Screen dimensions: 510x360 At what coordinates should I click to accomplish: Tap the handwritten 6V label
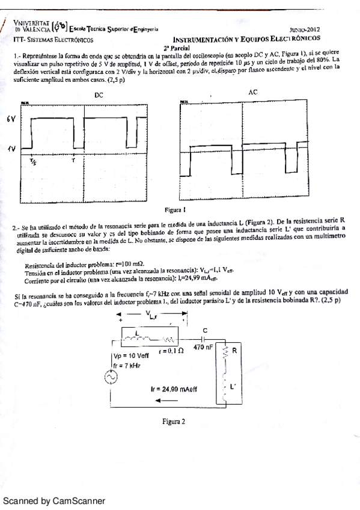point(10,120)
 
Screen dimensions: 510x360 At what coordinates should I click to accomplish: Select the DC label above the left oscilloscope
point(99,95)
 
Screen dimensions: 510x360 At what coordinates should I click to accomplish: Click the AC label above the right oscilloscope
point(252,91)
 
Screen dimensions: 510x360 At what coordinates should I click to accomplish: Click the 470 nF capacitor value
point(204,347)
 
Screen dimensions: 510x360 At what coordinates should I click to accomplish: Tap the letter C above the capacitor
point(204,330)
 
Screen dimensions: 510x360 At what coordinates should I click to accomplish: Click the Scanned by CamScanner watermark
point(54,500)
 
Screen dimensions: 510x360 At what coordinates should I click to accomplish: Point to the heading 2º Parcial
point(176,47)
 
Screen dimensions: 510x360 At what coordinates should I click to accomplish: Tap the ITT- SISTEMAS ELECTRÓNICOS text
point(52,39)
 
